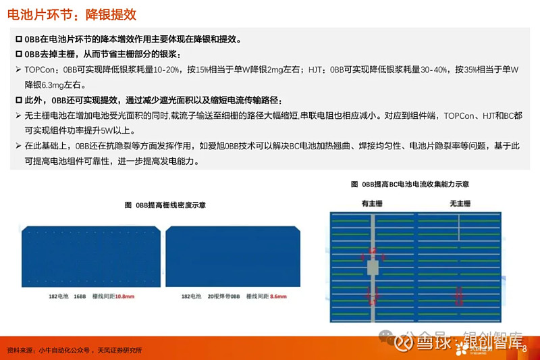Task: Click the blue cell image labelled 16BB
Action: tap(90, 256)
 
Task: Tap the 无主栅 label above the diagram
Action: tap(460, 203)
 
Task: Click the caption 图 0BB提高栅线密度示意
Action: tap(165, 205)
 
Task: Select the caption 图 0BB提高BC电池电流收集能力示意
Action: tap(410, 184)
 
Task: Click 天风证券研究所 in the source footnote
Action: tap(120, 351)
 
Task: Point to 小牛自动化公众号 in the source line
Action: tap(64, 351)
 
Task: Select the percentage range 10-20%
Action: tap(165, 70)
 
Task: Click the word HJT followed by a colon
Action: tap(312, 70)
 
